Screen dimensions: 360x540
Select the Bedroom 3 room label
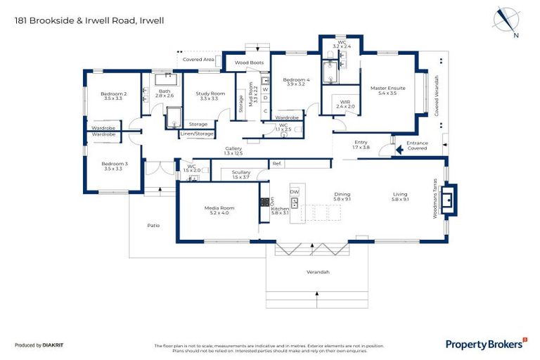113,166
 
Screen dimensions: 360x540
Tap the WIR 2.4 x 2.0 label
345,104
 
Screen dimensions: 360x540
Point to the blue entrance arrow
389,148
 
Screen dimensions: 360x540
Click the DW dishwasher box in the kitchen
295,191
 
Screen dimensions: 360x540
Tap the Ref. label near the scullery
277,164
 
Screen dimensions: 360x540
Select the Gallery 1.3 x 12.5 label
233,150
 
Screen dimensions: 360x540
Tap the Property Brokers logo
486,343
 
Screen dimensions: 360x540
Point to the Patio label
153,225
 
